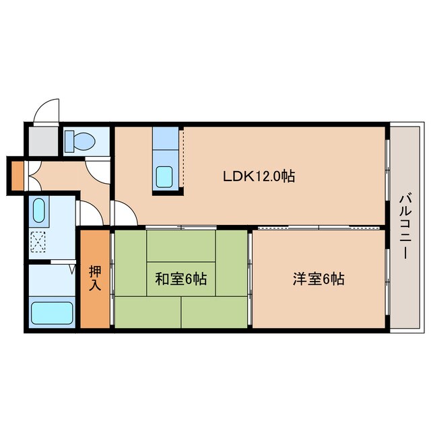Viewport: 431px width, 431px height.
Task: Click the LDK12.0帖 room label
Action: tap(259, 176)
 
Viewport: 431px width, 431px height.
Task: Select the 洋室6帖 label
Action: tap(318, 278)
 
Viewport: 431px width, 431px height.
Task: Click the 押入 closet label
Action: tap(95, 278)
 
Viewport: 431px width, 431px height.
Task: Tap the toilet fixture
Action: tap(79, 141)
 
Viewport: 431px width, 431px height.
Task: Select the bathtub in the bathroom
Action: tap(52, 312)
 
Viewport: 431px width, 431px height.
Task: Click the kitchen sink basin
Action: tap(164, 176)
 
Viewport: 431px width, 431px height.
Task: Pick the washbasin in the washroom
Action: tap(38, 211)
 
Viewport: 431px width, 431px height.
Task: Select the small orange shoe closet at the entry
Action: tap(16, 174)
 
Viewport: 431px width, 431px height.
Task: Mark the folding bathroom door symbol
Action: tap(73, 270)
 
